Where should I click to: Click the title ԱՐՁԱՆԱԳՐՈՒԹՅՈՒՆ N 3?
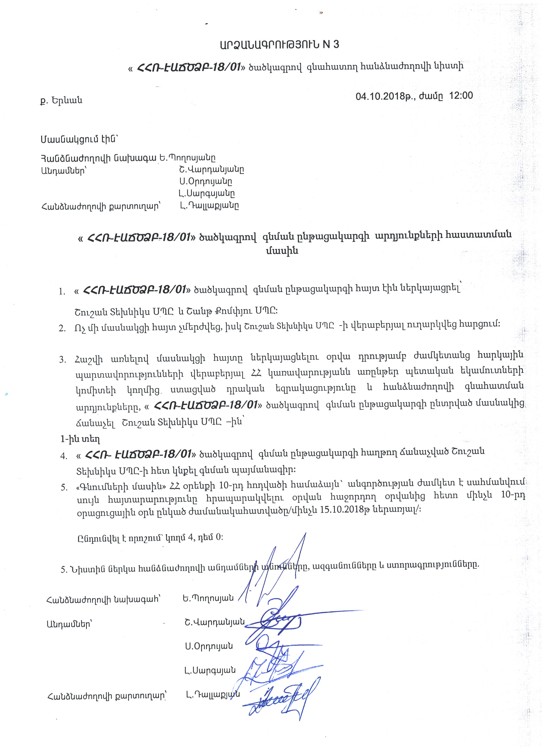point(279,45)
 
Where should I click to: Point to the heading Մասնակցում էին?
point(79,140)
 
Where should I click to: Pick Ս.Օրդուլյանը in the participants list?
point(205,182)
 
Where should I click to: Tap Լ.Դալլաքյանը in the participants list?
point(209,205)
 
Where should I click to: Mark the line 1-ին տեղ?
point(80,439)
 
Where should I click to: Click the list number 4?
point(63,456)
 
